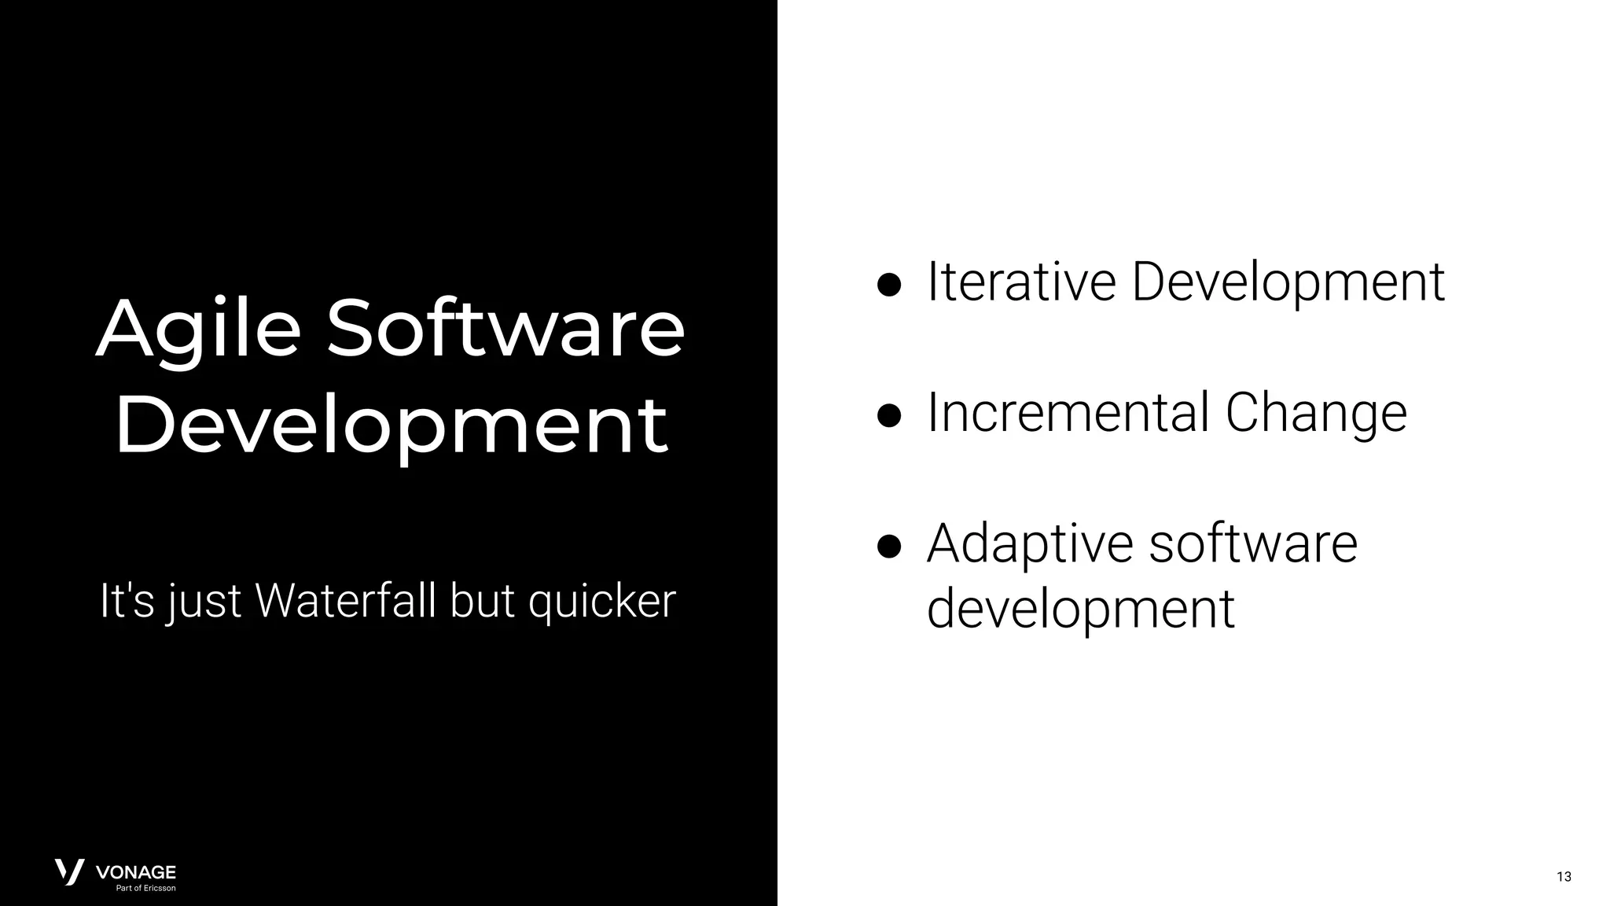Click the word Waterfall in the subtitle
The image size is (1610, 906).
(347, 602)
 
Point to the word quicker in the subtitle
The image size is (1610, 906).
(601, 602)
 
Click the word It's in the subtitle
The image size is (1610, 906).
(127, 602)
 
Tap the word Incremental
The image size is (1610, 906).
(1068, 413)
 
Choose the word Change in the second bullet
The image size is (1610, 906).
(1316, 413)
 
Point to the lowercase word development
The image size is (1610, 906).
(1081, 610)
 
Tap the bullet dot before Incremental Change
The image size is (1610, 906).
(889, 416)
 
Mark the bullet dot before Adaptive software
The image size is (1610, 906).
(889, 547)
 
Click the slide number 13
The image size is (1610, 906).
(1564, 877)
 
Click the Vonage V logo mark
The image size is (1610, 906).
(69, 872)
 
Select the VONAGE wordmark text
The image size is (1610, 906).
(135, 872)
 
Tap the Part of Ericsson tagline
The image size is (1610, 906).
(145, 889)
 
